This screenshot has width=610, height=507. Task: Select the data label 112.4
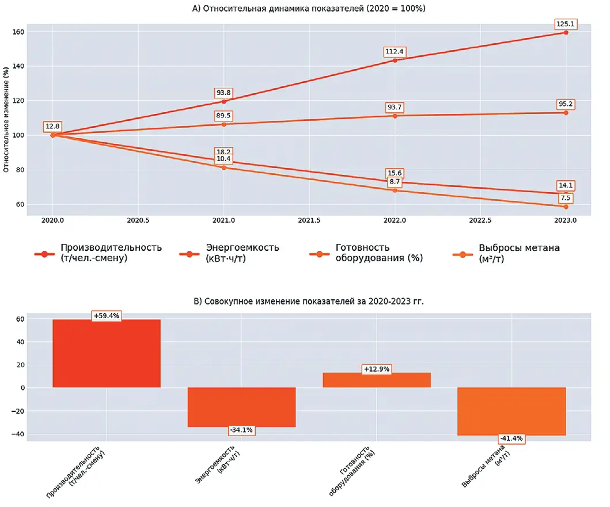click(395, 52)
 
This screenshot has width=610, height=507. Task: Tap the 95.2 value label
click(566, 104)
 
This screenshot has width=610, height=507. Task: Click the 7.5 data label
click(566, 198)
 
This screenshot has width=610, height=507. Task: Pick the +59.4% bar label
click(107, 316)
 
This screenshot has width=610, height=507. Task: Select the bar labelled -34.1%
click(241, 407)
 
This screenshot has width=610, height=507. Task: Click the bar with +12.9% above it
click(376, 380)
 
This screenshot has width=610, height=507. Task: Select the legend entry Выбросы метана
click(519, 253)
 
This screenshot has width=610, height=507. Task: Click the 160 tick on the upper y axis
click(18, 32)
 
